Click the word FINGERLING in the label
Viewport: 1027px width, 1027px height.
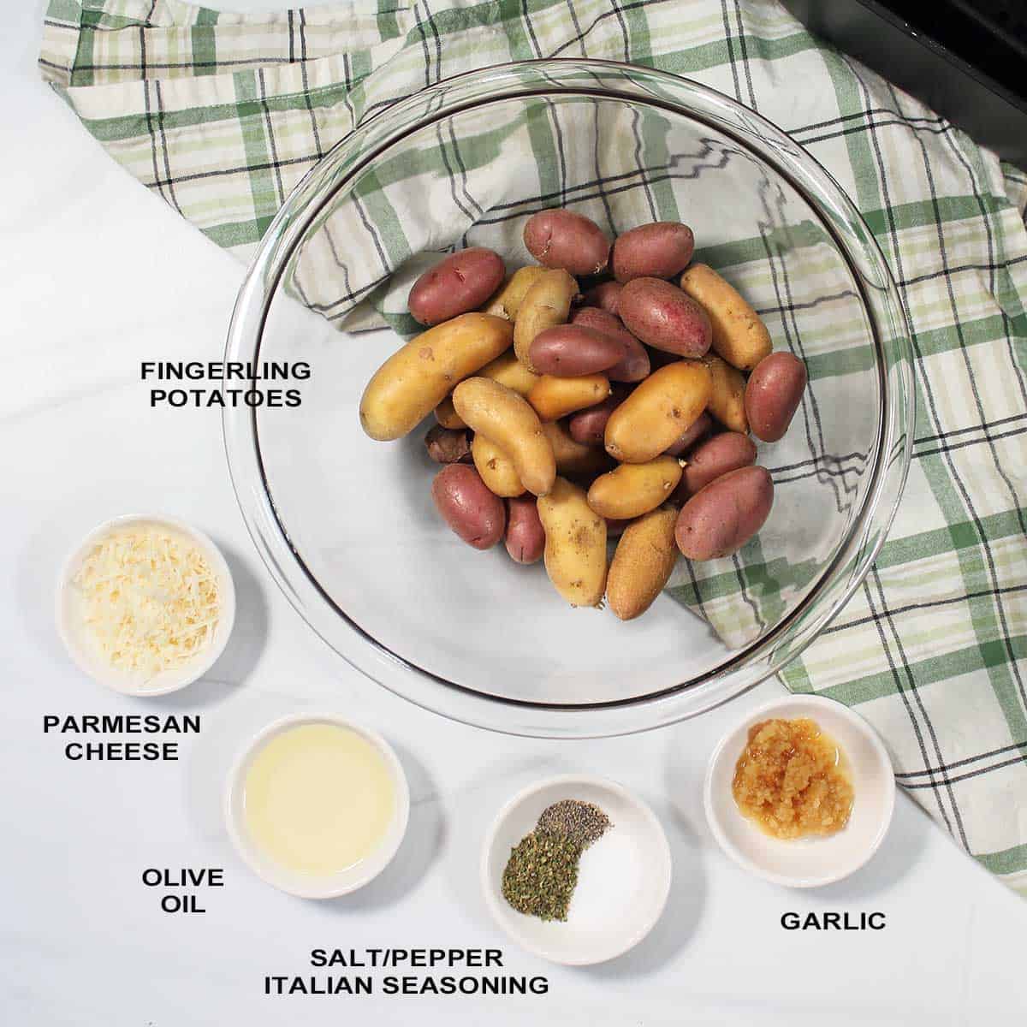(x=226, y=371)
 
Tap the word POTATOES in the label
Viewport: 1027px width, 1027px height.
(x=226, y=398)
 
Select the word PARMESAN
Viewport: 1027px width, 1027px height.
(x=122, y=725)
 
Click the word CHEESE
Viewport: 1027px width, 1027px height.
(x=122, y=752)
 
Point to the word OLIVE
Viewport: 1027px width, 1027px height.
(x=182, y=877)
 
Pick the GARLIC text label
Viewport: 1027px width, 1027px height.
(x=833, y=921)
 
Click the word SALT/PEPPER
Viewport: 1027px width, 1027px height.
(x=407, y=957)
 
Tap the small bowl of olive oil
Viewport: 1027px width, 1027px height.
(x=317, y=804)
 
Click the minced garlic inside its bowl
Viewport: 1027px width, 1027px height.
(x=792, y=775)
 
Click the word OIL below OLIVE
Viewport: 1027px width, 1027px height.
(x=182, y=904)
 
